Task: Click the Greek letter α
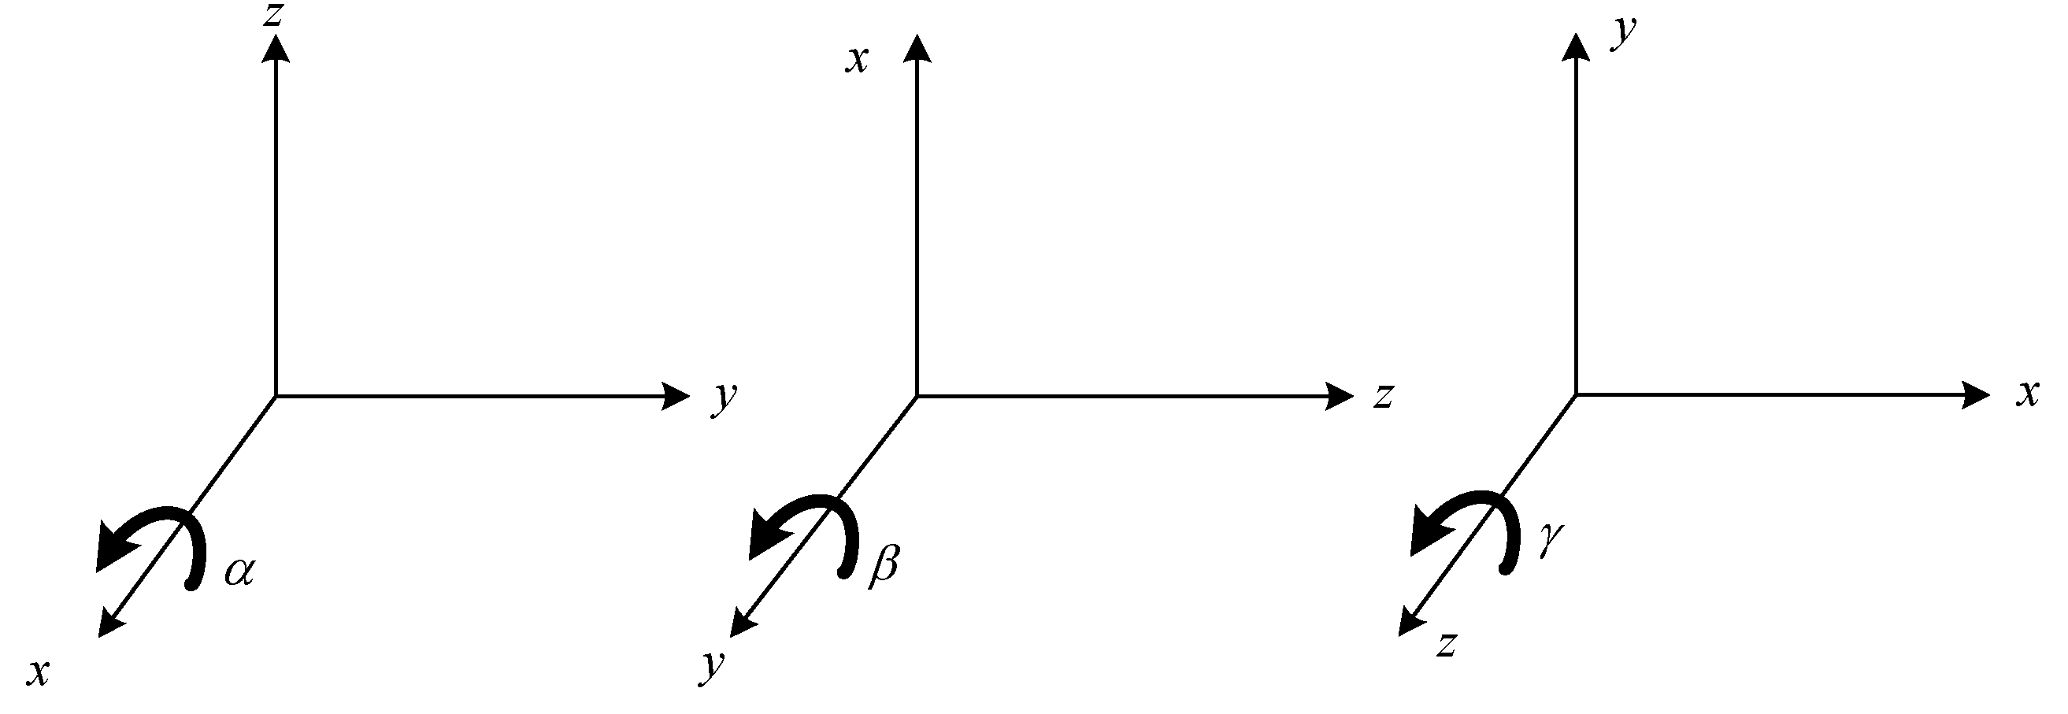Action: (x=239, y=573)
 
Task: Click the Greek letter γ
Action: (x=1548, y=541)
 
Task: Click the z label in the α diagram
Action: (x=275, y=15)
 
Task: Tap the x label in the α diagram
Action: (x=37, y=672)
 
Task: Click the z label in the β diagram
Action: (x=1382, y=396)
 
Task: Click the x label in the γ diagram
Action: (x=2028, y=394)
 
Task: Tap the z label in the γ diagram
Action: (x=1446, y=644)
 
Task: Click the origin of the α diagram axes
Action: (x=276, y=395)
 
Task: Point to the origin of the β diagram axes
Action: (x=917, y=395)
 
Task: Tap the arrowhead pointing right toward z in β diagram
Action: (x=1339, y=395)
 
